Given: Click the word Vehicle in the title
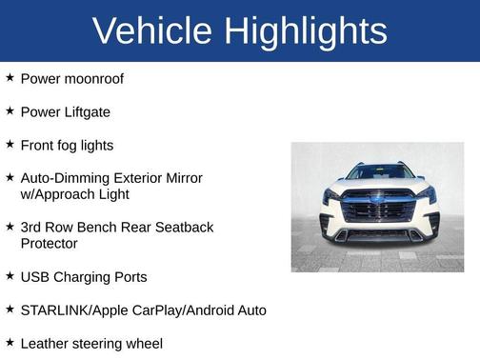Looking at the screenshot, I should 152,31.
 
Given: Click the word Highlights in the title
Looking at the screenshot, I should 306,31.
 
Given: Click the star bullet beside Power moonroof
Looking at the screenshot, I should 10,77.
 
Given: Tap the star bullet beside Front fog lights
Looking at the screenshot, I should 10,144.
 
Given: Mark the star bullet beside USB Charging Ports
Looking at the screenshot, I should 10,275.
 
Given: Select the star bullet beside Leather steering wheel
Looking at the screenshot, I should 10,342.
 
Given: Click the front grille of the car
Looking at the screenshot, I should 378,209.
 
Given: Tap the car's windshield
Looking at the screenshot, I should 379,173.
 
